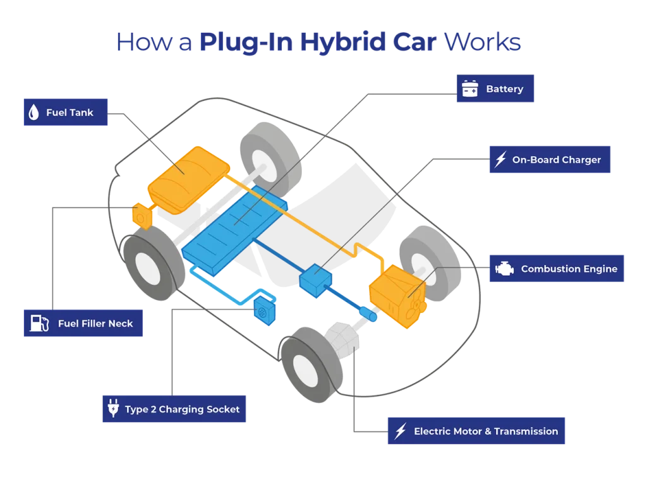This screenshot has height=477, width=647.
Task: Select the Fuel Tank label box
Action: point(65,112)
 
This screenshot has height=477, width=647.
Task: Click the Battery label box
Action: point(495,89)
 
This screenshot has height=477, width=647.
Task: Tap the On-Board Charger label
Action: point(549,160)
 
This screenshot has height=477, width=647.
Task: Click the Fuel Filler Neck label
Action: point(83,323)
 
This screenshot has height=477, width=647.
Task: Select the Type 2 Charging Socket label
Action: point(174,409)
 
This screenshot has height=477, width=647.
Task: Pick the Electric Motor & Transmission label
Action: point(475,431)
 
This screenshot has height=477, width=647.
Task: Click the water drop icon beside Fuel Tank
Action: point(33,112)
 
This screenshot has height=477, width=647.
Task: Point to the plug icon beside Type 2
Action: point(113,409)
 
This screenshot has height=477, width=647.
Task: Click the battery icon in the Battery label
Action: point(469,89)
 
